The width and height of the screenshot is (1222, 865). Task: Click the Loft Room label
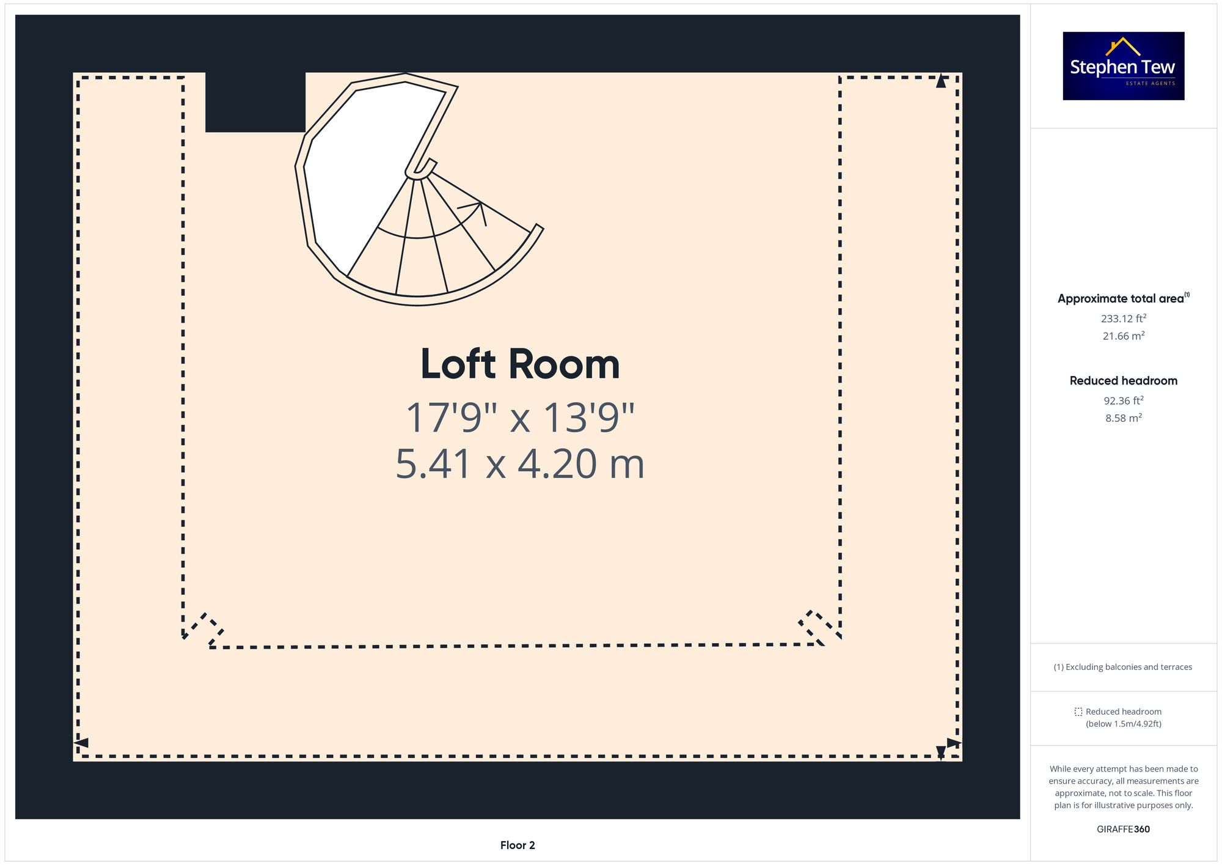520,364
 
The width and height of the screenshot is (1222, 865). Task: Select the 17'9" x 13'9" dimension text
520,418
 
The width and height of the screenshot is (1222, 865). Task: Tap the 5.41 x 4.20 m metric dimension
520,464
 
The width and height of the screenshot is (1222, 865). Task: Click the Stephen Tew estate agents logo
1123,66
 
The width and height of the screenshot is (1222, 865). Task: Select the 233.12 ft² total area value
1123,318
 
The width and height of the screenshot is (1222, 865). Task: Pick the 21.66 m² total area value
1123,336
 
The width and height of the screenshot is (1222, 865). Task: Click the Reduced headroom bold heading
1123,381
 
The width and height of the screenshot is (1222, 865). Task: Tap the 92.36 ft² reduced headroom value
1123,400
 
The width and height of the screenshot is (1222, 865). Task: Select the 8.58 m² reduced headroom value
1123,418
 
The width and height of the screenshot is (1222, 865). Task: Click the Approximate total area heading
1121,299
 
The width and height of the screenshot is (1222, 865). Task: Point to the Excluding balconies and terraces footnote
1122,667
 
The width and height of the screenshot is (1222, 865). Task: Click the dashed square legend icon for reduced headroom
1078,712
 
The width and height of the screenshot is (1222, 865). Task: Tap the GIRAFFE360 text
1123,830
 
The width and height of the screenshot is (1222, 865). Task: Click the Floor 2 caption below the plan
518,845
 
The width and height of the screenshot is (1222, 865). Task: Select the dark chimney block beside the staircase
255,102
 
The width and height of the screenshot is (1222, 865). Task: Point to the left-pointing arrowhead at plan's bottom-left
81,743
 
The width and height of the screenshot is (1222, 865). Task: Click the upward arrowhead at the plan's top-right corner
941,81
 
